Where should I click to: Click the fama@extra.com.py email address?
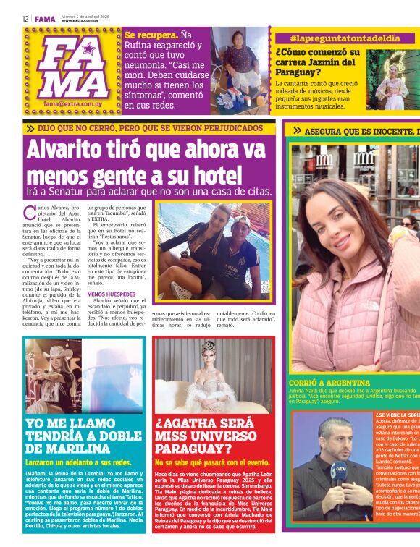pyautogui.click(x=70, y=104)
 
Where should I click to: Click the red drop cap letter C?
pyautogui.click(x=30, y=213)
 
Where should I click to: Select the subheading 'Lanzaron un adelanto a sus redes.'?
pyautogui.click(x=78, y=462)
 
